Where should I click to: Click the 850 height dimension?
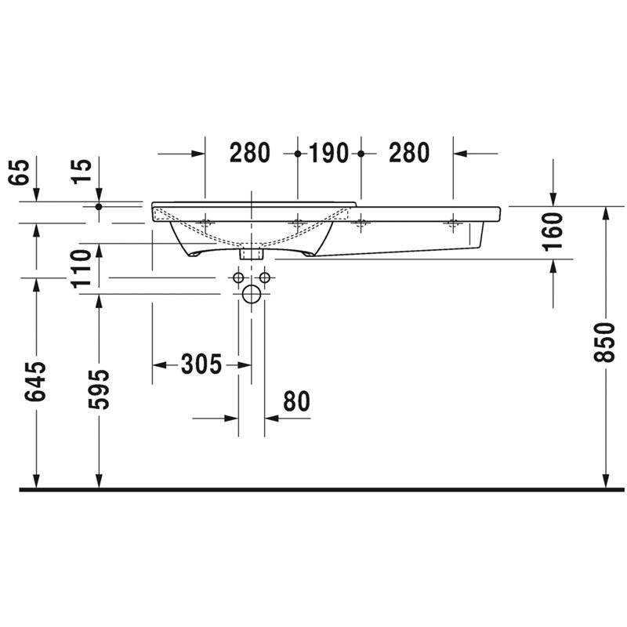click(603, 342)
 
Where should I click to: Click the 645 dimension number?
click(35, 382)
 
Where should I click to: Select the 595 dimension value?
click(99, 390)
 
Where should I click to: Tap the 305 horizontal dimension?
click(201, 364)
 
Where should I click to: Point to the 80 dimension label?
click(297, 401)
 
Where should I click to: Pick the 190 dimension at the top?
click(328, 153)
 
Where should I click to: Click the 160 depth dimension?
click(553, 232)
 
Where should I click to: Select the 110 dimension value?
click(82, 268)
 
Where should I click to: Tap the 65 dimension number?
click(19, 172)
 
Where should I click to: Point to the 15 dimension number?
click(82, 172)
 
